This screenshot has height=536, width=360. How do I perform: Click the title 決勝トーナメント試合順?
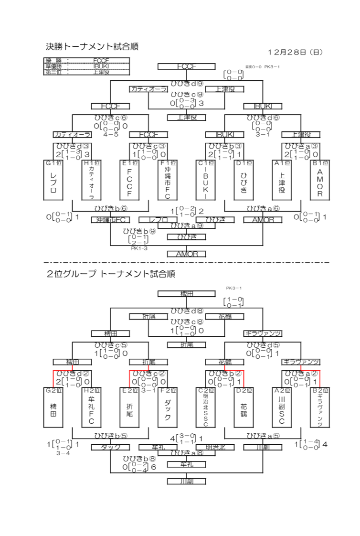88,47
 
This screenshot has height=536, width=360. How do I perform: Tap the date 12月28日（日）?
296,52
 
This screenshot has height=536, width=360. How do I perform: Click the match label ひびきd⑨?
187,82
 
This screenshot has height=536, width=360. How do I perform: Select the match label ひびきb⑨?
139,231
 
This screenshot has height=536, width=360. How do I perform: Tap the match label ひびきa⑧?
187,452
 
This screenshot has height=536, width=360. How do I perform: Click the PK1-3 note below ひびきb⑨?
138,248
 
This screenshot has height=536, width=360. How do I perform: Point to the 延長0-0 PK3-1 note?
262,67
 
